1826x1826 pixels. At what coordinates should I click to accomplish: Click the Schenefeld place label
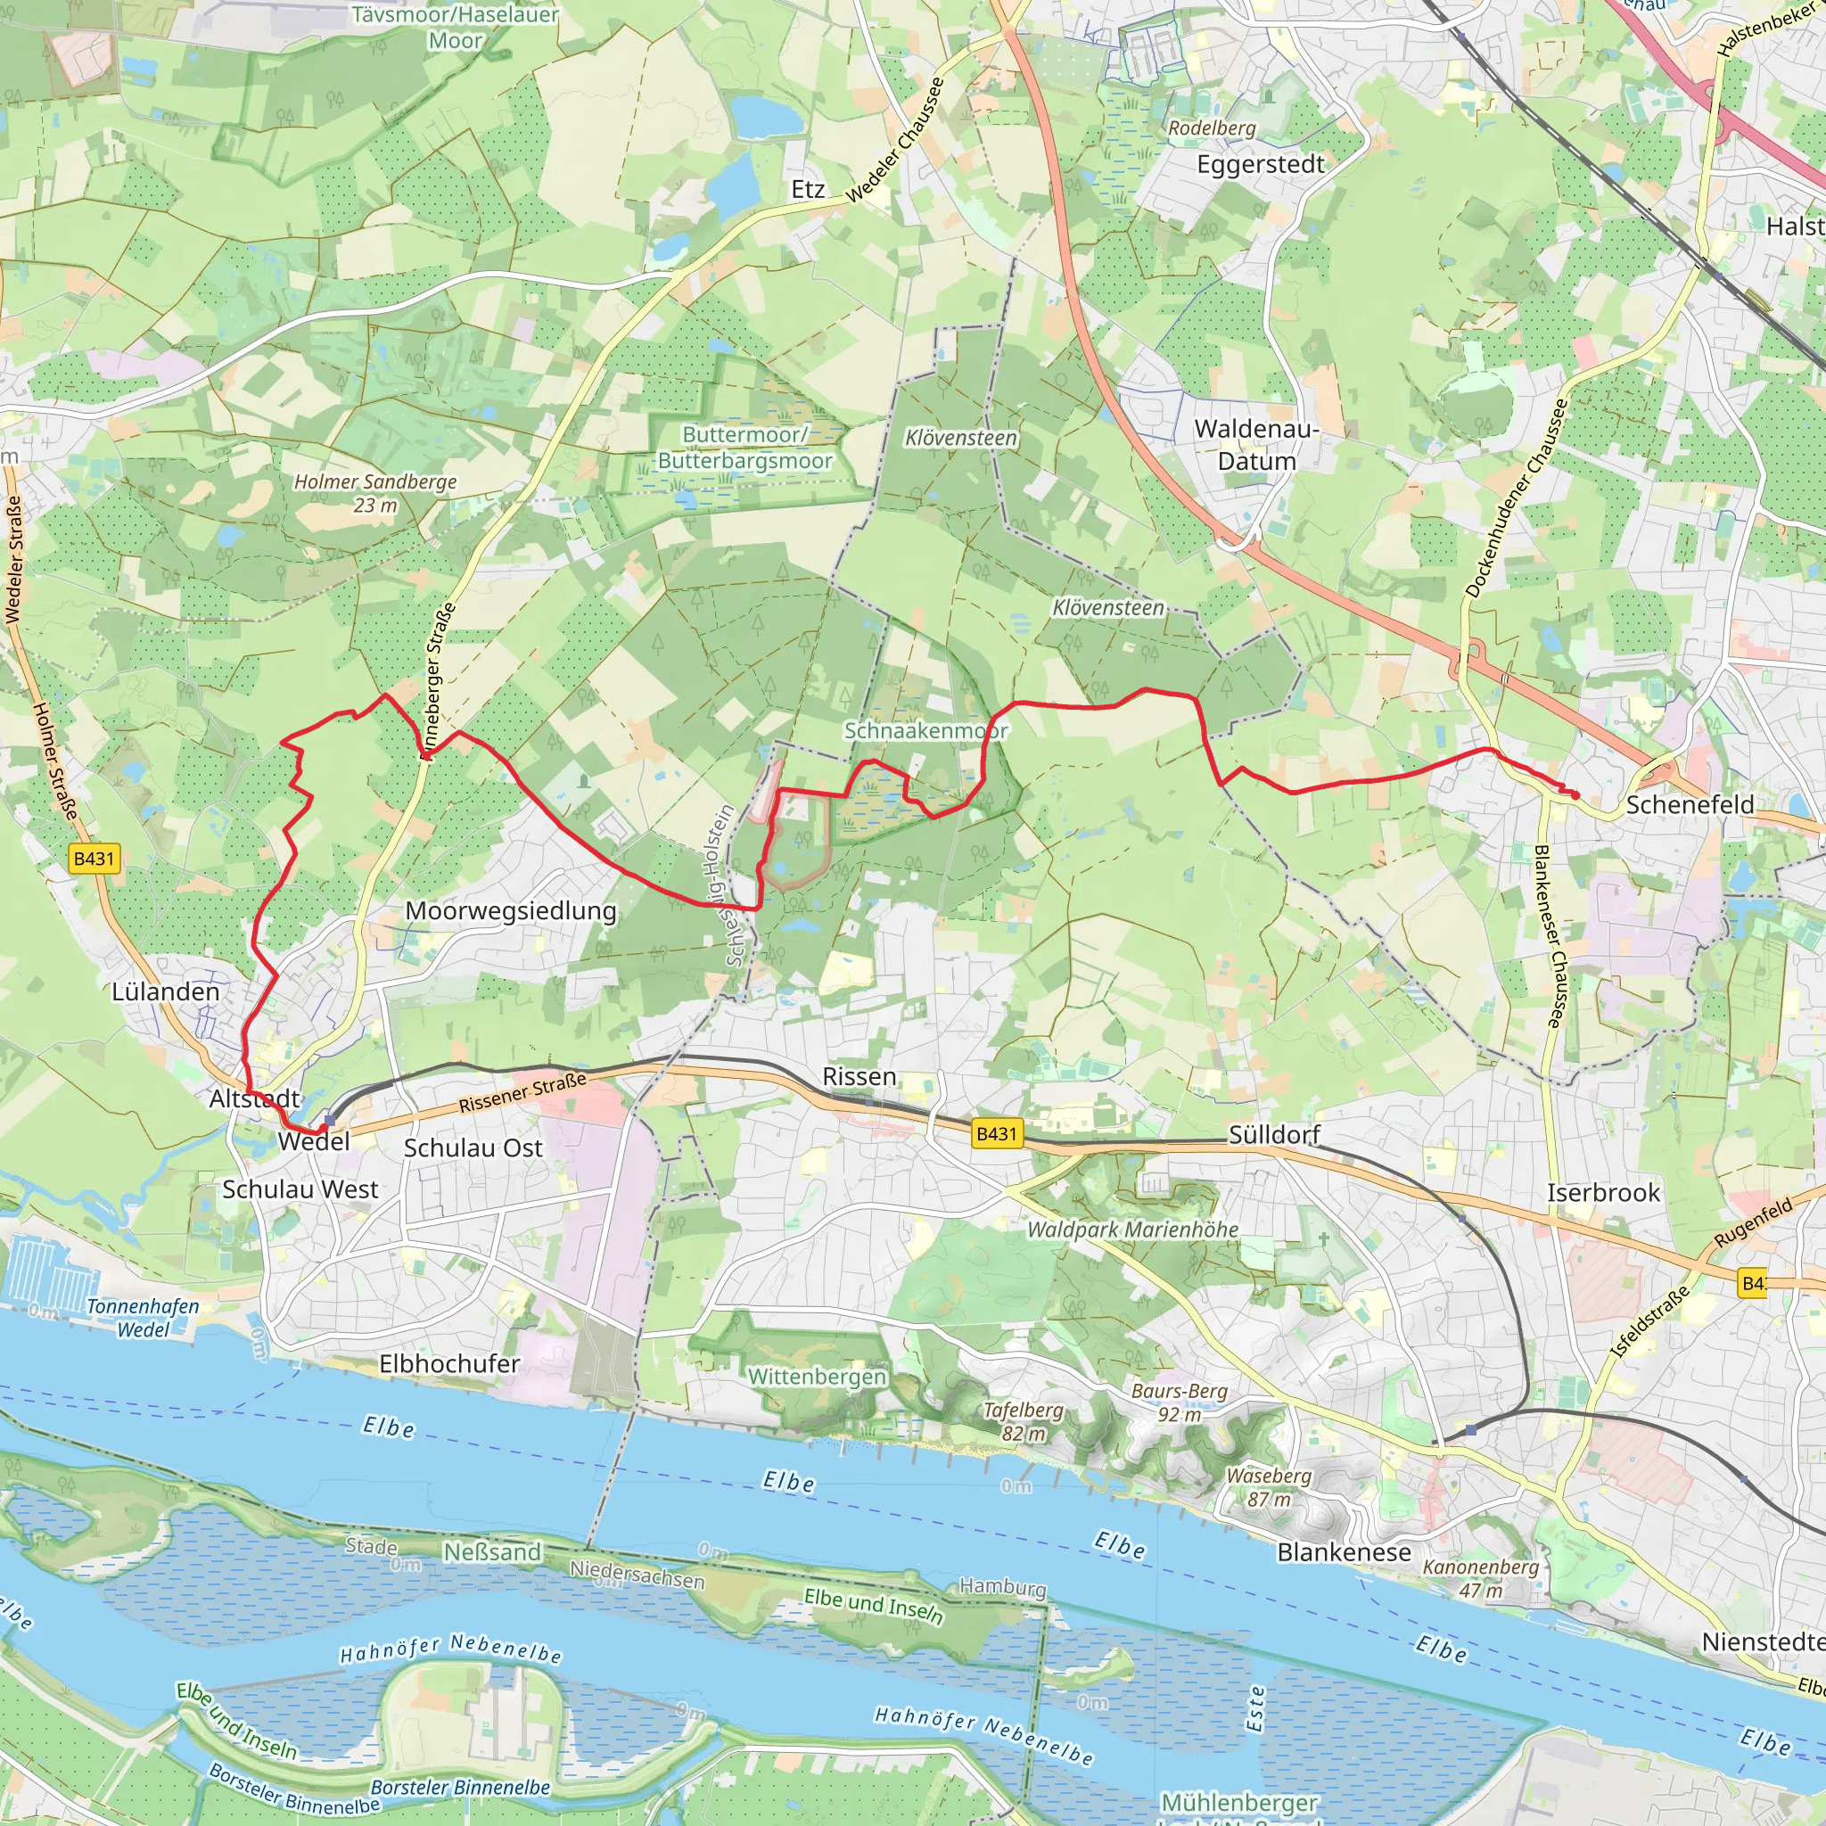1690,804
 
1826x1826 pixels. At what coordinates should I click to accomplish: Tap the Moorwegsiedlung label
510,911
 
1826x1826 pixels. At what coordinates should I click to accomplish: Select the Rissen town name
860,1076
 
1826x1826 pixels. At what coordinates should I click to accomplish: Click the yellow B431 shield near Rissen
996,1133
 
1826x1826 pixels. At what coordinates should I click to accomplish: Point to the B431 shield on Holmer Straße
94,859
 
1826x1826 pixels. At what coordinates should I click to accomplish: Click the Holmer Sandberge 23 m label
375,493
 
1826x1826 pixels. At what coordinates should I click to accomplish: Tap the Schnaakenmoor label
925,730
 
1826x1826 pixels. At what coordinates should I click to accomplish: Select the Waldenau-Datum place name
1256,445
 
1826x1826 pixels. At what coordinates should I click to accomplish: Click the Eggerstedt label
1260,164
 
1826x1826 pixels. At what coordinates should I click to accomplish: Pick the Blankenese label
1343,1552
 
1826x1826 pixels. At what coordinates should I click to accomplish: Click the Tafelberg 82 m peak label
1023,1421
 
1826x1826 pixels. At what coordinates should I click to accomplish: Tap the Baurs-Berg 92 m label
1179,1402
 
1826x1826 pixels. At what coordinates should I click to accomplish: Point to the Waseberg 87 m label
1269,1486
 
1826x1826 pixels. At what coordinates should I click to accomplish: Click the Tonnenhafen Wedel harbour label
143,1318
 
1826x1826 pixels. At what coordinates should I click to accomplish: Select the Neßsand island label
491,1552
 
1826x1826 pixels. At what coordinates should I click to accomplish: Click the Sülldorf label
1273,1134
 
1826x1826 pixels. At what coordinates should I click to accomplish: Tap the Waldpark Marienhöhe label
1132,1230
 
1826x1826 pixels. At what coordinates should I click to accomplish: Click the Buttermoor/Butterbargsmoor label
744,448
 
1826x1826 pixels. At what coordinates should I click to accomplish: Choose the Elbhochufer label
449,1364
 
